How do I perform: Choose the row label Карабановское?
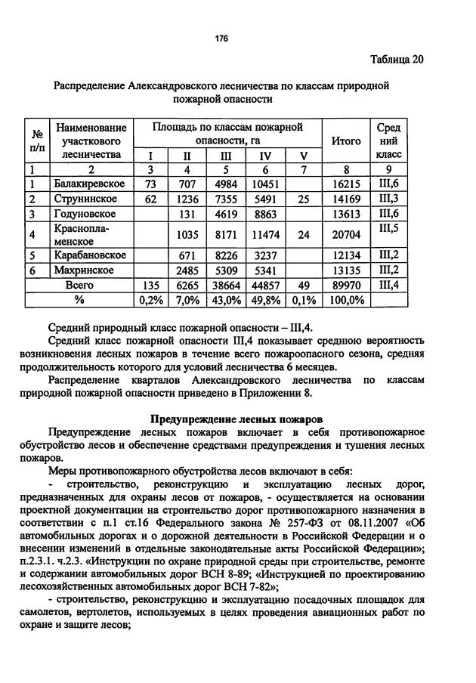click(89, 255)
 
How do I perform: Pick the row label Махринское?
click(83, 270)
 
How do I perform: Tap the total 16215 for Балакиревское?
click(345, 184)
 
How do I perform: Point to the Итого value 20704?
click(345, 235)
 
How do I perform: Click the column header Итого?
click(345, 140)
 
